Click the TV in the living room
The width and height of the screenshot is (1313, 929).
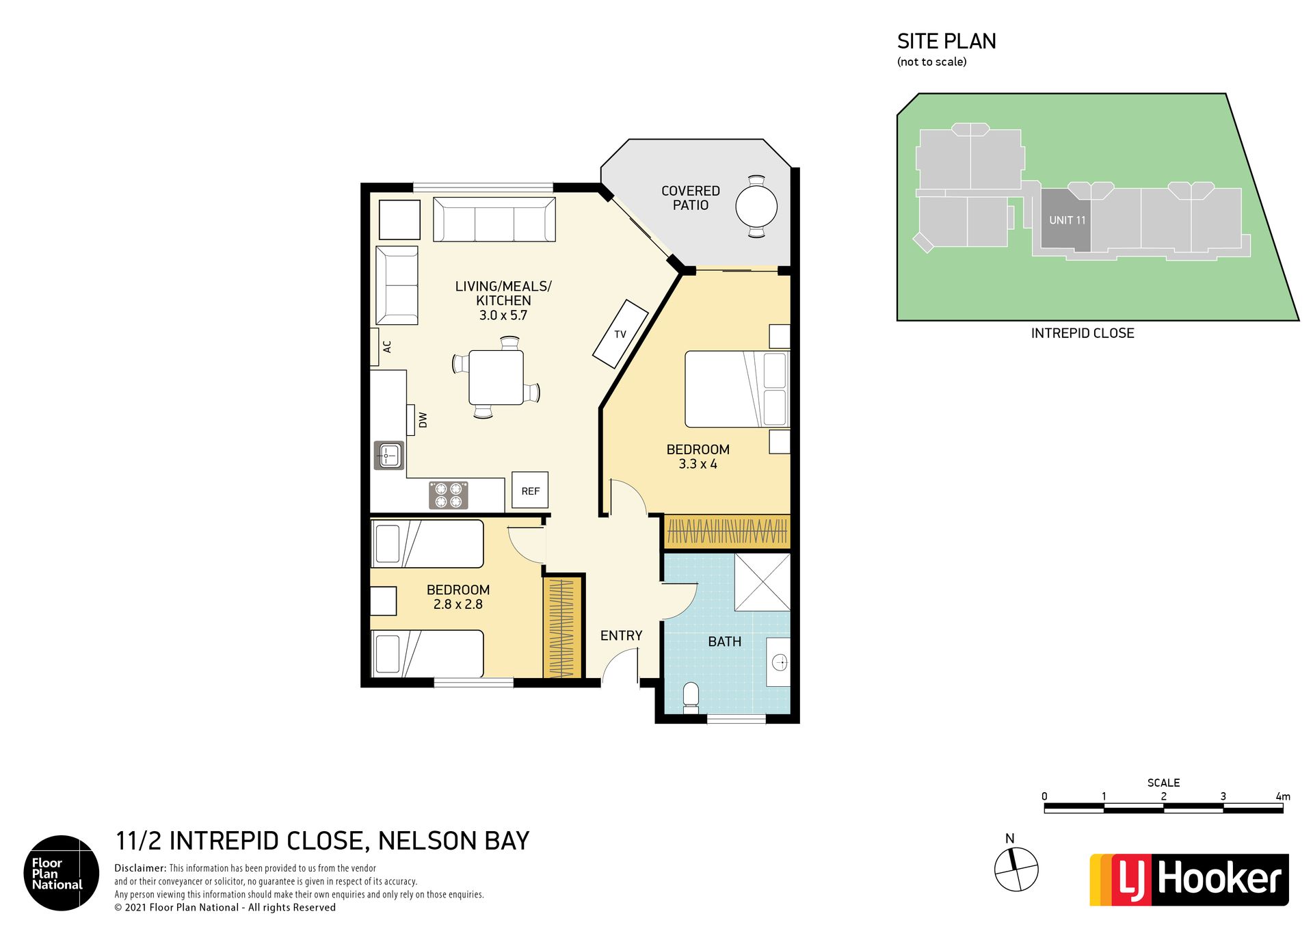pos(620,334)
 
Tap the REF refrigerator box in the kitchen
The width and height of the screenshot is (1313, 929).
pos(530,490)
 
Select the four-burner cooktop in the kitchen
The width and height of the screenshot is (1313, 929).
pos(449,495)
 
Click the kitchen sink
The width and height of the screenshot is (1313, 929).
pos(389,455)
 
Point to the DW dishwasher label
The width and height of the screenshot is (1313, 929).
pos(423,420)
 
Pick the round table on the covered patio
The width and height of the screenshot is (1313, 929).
pos(756,207)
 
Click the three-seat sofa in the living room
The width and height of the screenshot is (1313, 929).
pos(494,220)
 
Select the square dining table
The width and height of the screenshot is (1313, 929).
pos(496,377)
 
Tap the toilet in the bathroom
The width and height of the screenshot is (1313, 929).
pos(691,698)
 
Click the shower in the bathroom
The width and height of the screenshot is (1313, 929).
pos(762,582)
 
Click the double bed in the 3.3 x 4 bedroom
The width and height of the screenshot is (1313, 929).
pos(737,389)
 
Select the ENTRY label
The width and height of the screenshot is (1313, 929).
pos(621,636)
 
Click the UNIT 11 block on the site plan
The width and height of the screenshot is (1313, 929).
pos(1066,220)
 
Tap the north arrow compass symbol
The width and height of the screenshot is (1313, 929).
pos(1016,869)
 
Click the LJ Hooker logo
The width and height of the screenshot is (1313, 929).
pos(1189,880)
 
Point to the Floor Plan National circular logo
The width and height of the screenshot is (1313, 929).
pos(62,873)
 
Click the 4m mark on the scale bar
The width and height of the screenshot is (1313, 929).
pos(1282,797)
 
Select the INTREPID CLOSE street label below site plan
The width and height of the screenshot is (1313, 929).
pos(1083,333)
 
